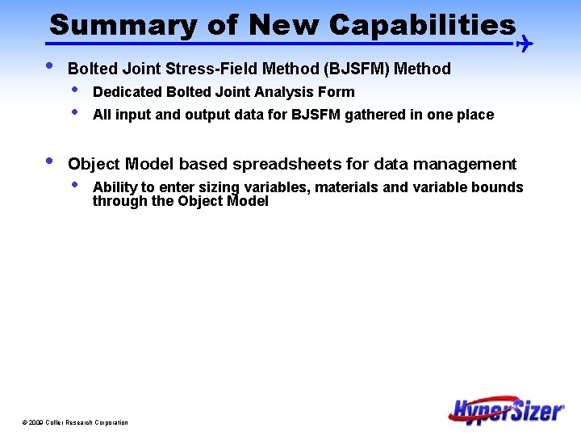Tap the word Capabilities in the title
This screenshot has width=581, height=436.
(422, 25)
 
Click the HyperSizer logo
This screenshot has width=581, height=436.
(507, 409)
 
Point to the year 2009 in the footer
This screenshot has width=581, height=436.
(36, 423)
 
